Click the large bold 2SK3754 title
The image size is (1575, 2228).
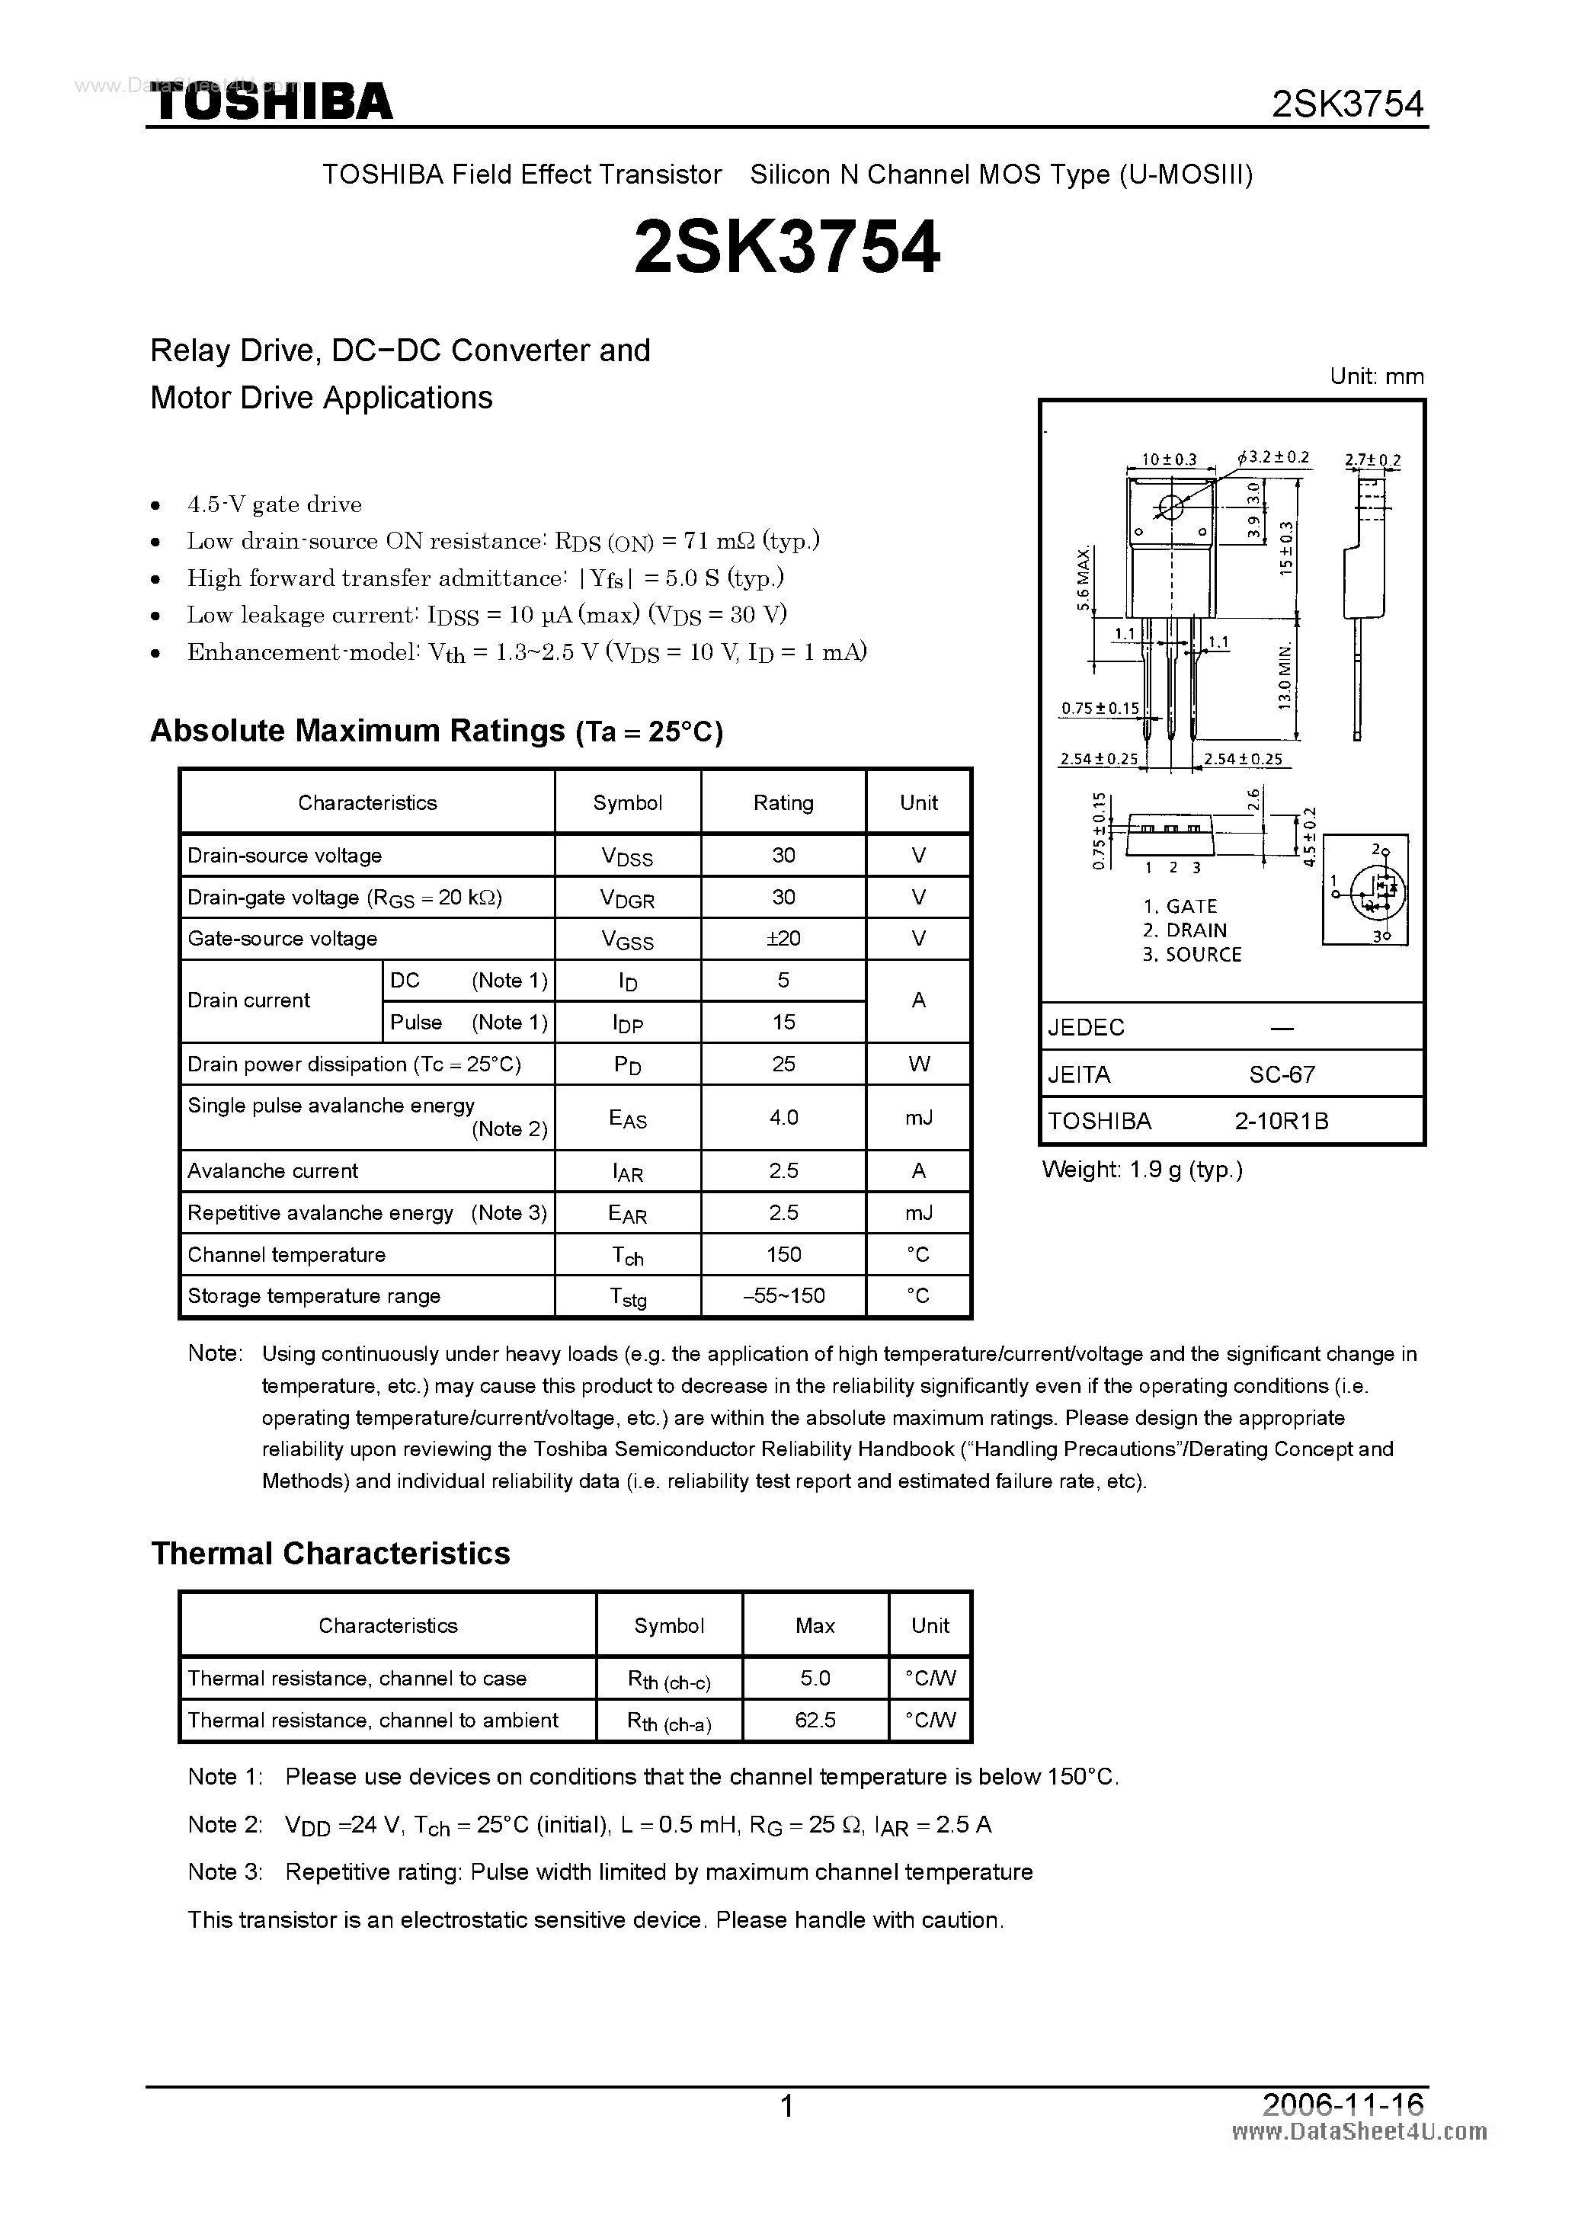click(x=786, y=248)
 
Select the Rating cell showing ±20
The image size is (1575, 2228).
click(x=783, y=938)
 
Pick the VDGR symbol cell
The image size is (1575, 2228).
click(x=628, y=898)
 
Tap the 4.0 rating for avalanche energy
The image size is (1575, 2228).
click(x=783, y=1117)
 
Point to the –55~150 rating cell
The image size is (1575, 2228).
click(x=783, y=1295)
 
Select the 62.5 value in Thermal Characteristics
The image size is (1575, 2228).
click(x=815, y=1720)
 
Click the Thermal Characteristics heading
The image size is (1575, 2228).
click(x=330, y=1553)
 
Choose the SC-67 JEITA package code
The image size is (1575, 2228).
click(x=1282, y=1074)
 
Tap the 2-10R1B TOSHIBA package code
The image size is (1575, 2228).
click(x=1281, y=1121)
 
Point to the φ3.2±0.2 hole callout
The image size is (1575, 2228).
click(x=1273, y=456)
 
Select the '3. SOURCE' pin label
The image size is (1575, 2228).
click(x=1192, y=954)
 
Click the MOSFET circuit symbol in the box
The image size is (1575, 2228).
click(x=1369, y=888)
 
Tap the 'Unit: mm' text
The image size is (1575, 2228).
click(x=1376, y=376)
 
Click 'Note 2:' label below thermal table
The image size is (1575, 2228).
click(x=225, y=1824)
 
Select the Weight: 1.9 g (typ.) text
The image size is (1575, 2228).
click(x=1141, y=1170)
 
